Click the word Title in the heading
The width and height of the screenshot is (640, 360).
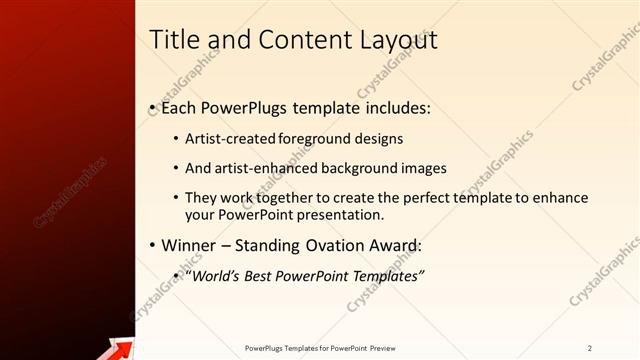click(173, 40)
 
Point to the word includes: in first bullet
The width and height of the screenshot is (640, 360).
click(396, 106)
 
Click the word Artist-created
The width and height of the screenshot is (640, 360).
click(230, 139)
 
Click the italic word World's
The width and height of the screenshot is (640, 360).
click(212, 275)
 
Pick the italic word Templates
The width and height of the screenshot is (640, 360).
click(385, 275)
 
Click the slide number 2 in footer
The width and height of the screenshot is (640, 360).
click(590, 348)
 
